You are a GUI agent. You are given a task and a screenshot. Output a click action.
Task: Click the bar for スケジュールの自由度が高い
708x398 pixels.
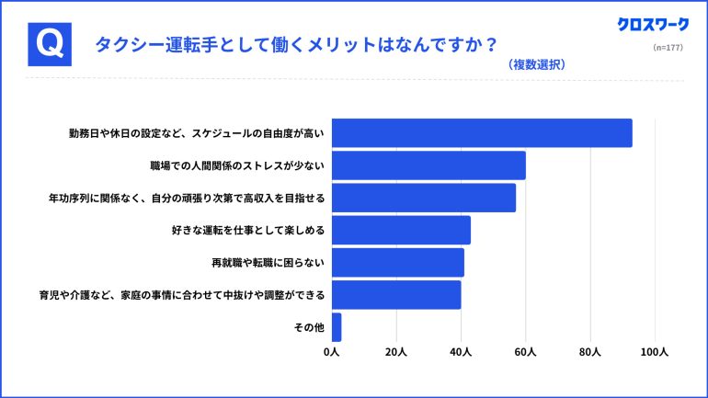coord(482,133)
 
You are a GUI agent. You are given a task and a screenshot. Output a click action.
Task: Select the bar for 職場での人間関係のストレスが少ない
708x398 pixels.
coord(428,165)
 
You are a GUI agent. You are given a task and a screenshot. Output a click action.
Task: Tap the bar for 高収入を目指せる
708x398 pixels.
coord(424,198)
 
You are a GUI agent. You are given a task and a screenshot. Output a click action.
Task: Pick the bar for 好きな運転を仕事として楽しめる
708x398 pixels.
coord(401,230)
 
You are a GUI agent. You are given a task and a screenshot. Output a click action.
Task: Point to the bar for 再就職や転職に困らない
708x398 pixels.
coord(398,263)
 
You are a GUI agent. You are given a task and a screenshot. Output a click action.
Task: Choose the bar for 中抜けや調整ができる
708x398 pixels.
coord(396,295)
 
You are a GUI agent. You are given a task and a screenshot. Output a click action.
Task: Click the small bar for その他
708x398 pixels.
coord(337,327)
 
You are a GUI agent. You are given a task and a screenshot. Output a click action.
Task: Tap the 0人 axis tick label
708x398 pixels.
coord(332,352)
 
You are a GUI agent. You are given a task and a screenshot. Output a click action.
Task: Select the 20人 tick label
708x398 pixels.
coord(396,352)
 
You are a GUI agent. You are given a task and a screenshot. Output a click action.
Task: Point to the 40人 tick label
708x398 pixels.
coord(461,352)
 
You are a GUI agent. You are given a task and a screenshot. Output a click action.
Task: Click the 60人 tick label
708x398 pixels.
coord(526,352)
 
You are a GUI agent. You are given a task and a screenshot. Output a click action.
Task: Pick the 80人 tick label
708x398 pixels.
coord(590,352)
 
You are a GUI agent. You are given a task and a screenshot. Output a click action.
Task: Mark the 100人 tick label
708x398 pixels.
coord(655,352)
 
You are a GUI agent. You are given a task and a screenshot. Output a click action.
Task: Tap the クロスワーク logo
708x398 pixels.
coord(653,26)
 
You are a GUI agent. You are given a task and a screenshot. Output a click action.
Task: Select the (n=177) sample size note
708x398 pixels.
coord(667,47)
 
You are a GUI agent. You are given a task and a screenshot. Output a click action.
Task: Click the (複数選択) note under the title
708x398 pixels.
coord(535,65)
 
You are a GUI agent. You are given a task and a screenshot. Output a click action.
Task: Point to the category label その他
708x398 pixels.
coord(310,327)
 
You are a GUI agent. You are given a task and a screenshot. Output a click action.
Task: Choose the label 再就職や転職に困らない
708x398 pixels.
coord(268,263)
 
